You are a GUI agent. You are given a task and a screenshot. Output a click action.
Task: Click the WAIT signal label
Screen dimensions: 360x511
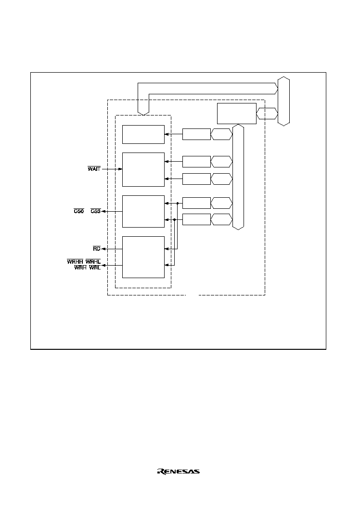pyautogui.click(x=94, y=169)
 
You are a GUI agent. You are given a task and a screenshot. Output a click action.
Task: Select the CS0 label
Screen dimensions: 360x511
pyautogui.click(x=79, y=211)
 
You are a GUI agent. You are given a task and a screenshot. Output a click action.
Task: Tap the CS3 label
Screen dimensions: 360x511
pyautogui.click(x=96, y=211)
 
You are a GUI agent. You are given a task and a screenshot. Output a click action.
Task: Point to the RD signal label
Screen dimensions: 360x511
pyautogui.click(x=97, y=249)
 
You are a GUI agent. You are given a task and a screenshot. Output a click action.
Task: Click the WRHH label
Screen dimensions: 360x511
pyautogui.click(x=75, y=262)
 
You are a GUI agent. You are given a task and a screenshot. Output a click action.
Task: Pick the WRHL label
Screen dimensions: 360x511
pyautogui.click(x=93, y=262)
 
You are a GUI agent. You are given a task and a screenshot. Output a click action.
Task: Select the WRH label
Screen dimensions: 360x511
pyautogui.click(x=80, y=268)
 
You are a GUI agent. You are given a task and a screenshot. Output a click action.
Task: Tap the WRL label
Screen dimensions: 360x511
pyautogui.click(x=95, y=268)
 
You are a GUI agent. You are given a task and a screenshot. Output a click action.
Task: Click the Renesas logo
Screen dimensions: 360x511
pyautogui.click(x=179, y=471)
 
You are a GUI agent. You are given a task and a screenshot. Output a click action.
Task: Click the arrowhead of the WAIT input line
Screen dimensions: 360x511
pyautogui.click(x=120, y=169)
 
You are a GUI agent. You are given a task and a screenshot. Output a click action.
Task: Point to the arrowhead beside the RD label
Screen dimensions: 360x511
pyautogui.click(x=103, y=249)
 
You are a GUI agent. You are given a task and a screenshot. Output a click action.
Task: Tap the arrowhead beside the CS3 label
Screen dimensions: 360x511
pyautogui.click(x=103, y=212)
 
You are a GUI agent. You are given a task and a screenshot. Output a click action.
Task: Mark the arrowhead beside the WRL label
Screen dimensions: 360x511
pyautogui.click(x=103, y=265)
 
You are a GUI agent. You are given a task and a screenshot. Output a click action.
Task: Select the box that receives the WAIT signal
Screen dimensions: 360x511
pyautogui.click(x=143, y=169)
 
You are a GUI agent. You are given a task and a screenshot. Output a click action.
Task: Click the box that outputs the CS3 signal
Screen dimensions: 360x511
pyautogui.click(x=143, y=211)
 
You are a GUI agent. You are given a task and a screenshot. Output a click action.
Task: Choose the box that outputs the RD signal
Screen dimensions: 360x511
pyautogui.click(x=143, y=257)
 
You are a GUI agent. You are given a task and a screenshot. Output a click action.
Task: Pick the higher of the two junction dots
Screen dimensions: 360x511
pyautogui.click(x=178, y=203)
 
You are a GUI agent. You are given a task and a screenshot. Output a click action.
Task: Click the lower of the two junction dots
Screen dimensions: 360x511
pyautogui.click(x=174, y=219)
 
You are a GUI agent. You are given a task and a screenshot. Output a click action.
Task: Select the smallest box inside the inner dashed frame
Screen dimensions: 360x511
pyautogui.click(x=143, y=134)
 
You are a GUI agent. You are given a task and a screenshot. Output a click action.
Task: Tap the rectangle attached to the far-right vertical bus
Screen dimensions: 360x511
pyautogui.click(x=237, y=114)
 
